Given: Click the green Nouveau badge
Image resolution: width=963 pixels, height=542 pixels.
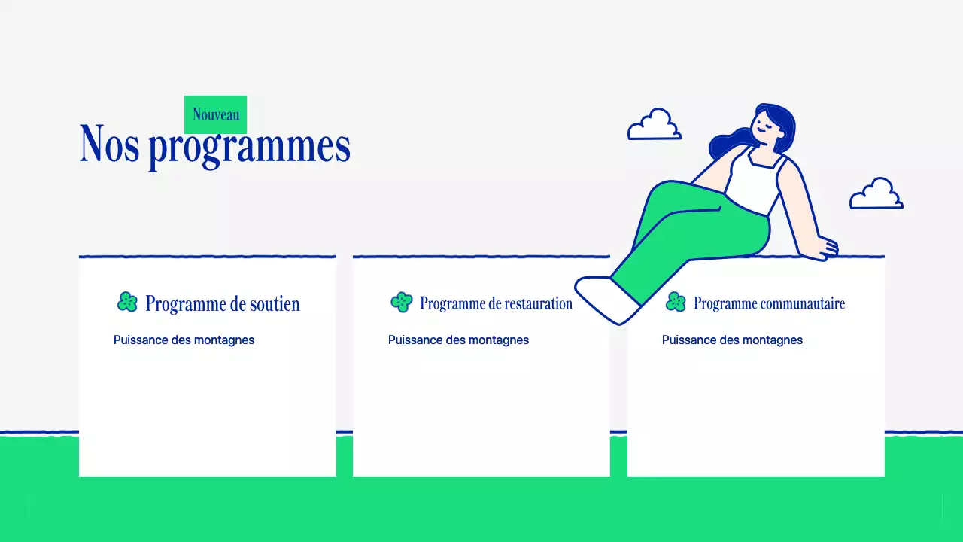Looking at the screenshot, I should (215, 114).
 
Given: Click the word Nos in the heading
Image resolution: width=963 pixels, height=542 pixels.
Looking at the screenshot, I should (109, 144).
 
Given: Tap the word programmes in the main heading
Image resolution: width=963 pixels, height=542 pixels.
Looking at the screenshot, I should (249, 147).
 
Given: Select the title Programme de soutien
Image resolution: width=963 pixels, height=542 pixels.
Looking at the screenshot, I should (222, 303).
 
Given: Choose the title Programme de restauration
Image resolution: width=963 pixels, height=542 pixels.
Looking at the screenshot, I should (496, 303).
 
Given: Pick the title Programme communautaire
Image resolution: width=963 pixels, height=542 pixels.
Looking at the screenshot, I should (769, 303).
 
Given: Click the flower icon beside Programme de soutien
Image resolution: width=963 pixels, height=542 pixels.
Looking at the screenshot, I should (128, 302).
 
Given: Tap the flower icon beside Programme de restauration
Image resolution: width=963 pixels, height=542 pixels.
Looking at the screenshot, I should (402, 302).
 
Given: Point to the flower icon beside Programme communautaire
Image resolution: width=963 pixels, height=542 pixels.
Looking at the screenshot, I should (676, 302).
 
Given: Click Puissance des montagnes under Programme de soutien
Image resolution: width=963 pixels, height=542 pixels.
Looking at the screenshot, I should (184, 340).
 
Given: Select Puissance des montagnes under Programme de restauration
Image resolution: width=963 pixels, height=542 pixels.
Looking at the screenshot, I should (458, 340).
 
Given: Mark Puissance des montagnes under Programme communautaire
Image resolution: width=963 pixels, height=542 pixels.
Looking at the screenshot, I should (732, 340).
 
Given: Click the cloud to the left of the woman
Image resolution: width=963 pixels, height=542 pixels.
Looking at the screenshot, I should (654, 126).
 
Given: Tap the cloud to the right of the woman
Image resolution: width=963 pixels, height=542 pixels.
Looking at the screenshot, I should (876, 195).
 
